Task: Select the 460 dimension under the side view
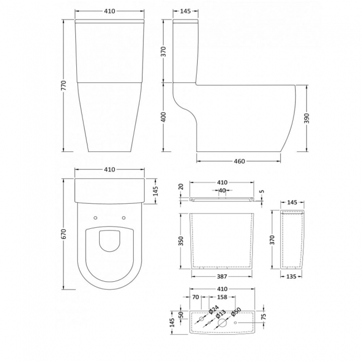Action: click(239, 162)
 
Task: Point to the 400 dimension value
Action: click(165, 116)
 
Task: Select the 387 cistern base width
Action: click(222, 277)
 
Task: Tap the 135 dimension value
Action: click(292, 275)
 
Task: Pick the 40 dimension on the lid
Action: click(222, 190)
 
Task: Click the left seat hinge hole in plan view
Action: click(96, 218)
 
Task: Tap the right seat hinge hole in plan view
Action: click(123, 218)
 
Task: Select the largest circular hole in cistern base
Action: click(222, 322)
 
